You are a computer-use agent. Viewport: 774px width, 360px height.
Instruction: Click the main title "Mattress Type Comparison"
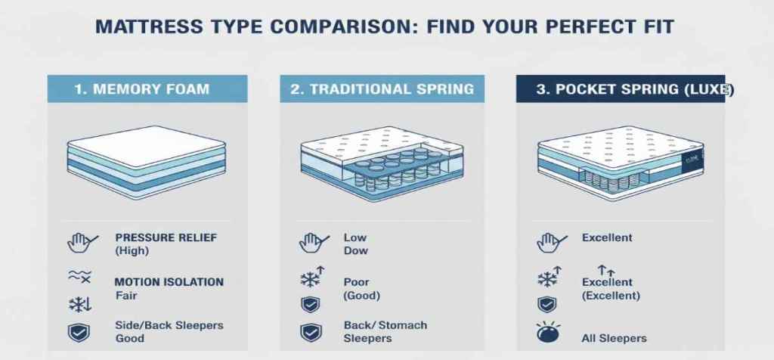(385, 26)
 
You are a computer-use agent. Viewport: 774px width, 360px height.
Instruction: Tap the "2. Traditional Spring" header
(382, 89)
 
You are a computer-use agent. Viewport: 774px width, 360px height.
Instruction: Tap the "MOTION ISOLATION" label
(169, 282)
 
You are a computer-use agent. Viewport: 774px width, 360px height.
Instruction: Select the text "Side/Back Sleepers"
(169, 325)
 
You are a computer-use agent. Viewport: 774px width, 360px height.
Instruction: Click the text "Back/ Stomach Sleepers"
(385, 332)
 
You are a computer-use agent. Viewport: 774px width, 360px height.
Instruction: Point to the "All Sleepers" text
(614, 338)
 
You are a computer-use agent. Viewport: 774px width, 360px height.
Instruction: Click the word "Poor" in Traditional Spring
(356, 282)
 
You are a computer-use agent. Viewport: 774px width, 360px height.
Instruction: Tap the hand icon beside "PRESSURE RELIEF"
(81, 242)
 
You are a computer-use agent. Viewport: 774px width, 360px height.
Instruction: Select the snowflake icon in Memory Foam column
(79, 305)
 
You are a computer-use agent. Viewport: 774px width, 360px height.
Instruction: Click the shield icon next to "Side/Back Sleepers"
(79, 333)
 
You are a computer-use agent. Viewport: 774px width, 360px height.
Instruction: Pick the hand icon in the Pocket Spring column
(550, 242)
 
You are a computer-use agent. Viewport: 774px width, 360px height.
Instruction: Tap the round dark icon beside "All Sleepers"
(548, 335)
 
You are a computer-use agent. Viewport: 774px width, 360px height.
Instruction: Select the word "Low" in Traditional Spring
(355, 237)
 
